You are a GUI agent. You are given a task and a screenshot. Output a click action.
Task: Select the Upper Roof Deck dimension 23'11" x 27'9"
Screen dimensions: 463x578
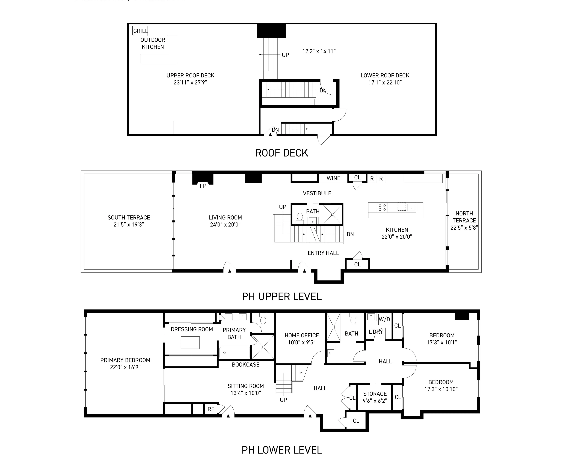pos(190,82)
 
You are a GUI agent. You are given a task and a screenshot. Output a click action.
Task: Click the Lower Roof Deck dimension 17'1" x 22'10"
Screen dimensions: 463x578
pos(385,82)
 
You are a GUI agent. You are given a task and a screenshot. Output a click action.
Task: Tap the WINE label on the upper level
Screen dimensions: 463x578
pos(333,178)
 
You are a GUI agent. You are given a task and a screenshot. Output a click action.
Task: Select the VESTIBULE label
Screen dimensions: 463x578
pos(317,193)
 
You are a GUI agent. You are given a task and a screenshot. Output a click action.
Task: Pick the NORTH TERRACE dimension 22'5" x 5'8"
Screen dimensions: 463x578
pos(464,228)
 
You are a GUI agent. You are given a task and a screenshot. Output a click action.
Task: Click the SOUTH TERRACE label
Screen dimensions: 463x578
pos(129,217)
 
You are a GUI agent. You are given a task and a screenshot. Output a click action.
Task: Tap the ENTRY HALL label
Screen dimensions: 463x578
pos(323,253)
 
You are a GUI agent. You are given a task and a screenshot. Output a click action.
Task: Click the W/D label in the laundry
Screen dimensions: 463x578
pos(384,319)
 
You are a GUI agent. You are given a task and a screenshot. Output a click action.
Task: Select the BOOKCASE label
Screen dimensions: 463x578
pos(246,364)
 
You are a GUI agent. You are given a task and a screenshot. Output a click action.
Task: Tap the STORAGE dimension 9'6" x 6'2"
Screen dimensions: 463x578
pos(375,401)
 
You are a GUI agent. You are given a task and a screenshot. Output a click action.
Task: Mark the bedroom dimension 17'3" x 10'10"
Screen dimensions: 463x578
pos(441,389)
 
